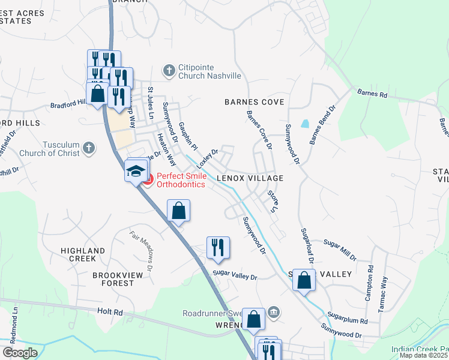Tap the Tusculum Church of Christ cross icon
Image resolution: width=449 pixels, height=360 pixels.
88,148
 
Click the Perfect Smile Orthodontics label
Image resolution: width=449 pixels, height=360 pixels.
181,180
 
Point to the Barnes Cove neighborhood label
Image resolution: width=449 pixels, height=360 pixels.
254,102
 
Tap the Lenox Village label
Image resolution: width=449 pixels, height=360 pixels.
250,179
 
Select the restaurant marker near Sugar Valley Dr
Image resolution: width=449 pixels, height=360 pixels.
217,248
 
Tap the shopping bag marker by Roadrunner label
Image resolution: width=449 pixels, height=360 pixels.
254,320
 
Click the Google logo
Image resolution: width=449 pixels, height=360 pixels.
19,353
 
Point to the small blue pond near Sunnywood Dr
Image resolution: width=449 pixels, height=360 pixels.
306,124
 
